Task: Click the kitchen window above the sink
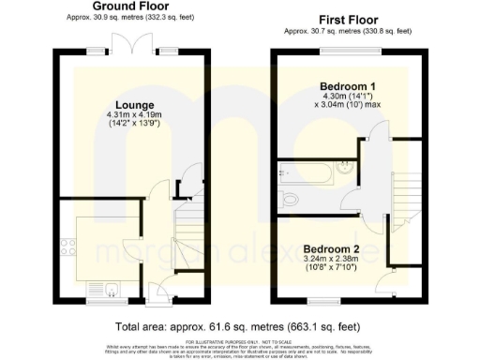pyautogui.click(x=100, y=301)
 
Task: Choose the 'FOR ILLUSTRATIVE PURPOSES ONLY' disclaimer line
pyautogui.click(x=240, y=342)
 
